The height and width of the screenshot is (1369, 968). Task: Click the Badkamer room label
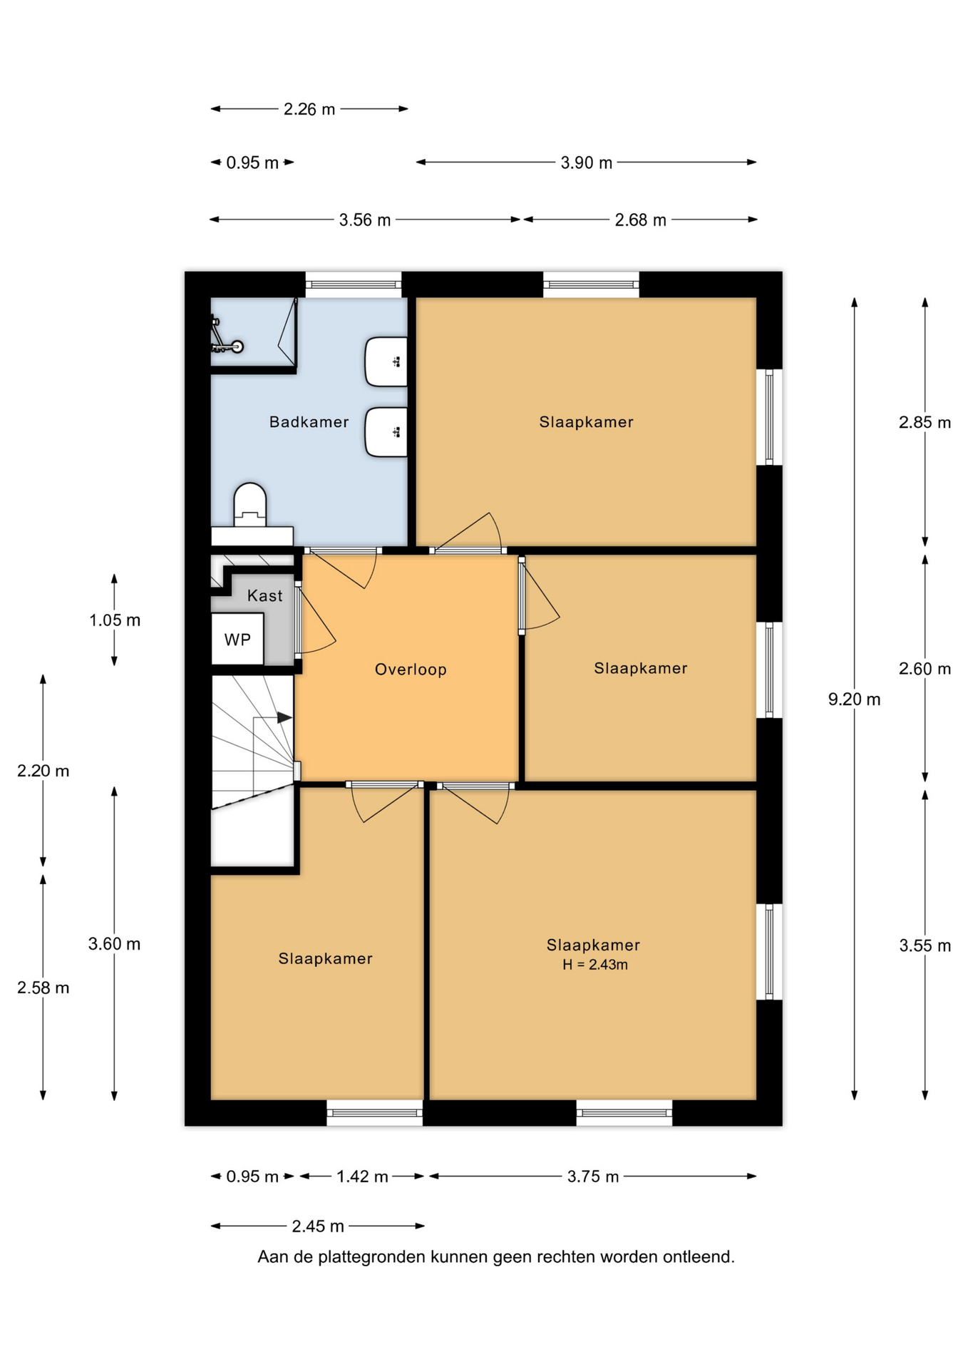click(309, 422)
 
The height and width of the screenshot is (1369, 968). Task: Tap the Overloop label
click(411, 670)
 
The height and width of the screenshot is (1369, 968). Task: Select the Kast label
click(264, 596)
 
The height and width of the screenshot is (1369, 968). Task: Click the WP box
click(237, 639)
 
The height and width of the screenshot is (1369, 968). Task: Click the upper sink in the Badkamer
click(386, 362)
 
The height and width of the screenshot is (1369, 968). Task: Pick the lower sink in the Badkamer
click(386, 432)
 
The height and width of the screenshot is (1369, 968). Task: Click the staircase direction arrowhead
click(284, 717)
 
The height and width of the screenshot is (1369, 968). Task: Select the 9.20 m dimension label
click(854, 699)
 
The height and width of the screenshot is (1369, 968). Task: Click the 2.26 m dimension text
click(309, 109)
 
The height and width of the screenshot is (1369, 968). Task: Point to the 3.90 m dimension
click(586, 163)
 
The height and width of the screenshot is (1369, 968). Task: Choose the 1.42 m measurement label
click(362, 1176)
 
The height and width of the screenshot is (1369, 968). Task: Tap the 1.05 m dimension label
click(115, 620)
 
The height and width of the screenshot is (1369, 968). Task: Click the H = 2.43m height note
click(595, 965)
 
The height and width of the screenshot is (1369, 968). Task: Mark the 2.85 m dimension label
click(925, 422)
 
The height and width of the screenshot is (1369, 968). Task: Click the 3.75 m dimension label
click(593, 1176)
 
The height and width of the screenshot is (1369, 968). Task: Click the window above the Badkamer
click(354, 284)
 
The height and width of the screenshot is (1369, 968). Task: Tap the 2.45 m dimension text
click(318, 1226)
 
